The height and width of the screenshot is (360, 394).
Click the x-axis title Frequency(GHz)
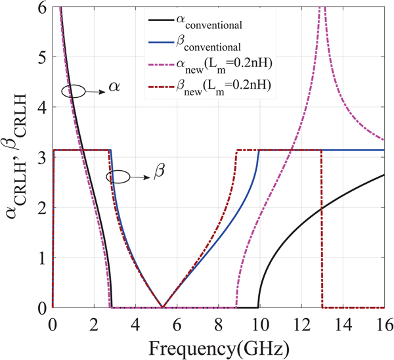click(x=218, y=346)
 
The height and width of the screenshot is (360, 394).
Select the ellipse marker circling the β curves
click(x=120, y=176)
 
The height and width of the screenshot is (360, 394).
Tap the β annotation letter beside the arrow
click(x=160, y=172)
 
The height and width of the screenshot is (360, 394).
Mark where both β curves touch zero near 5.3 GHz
click(x=162, y=307)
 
